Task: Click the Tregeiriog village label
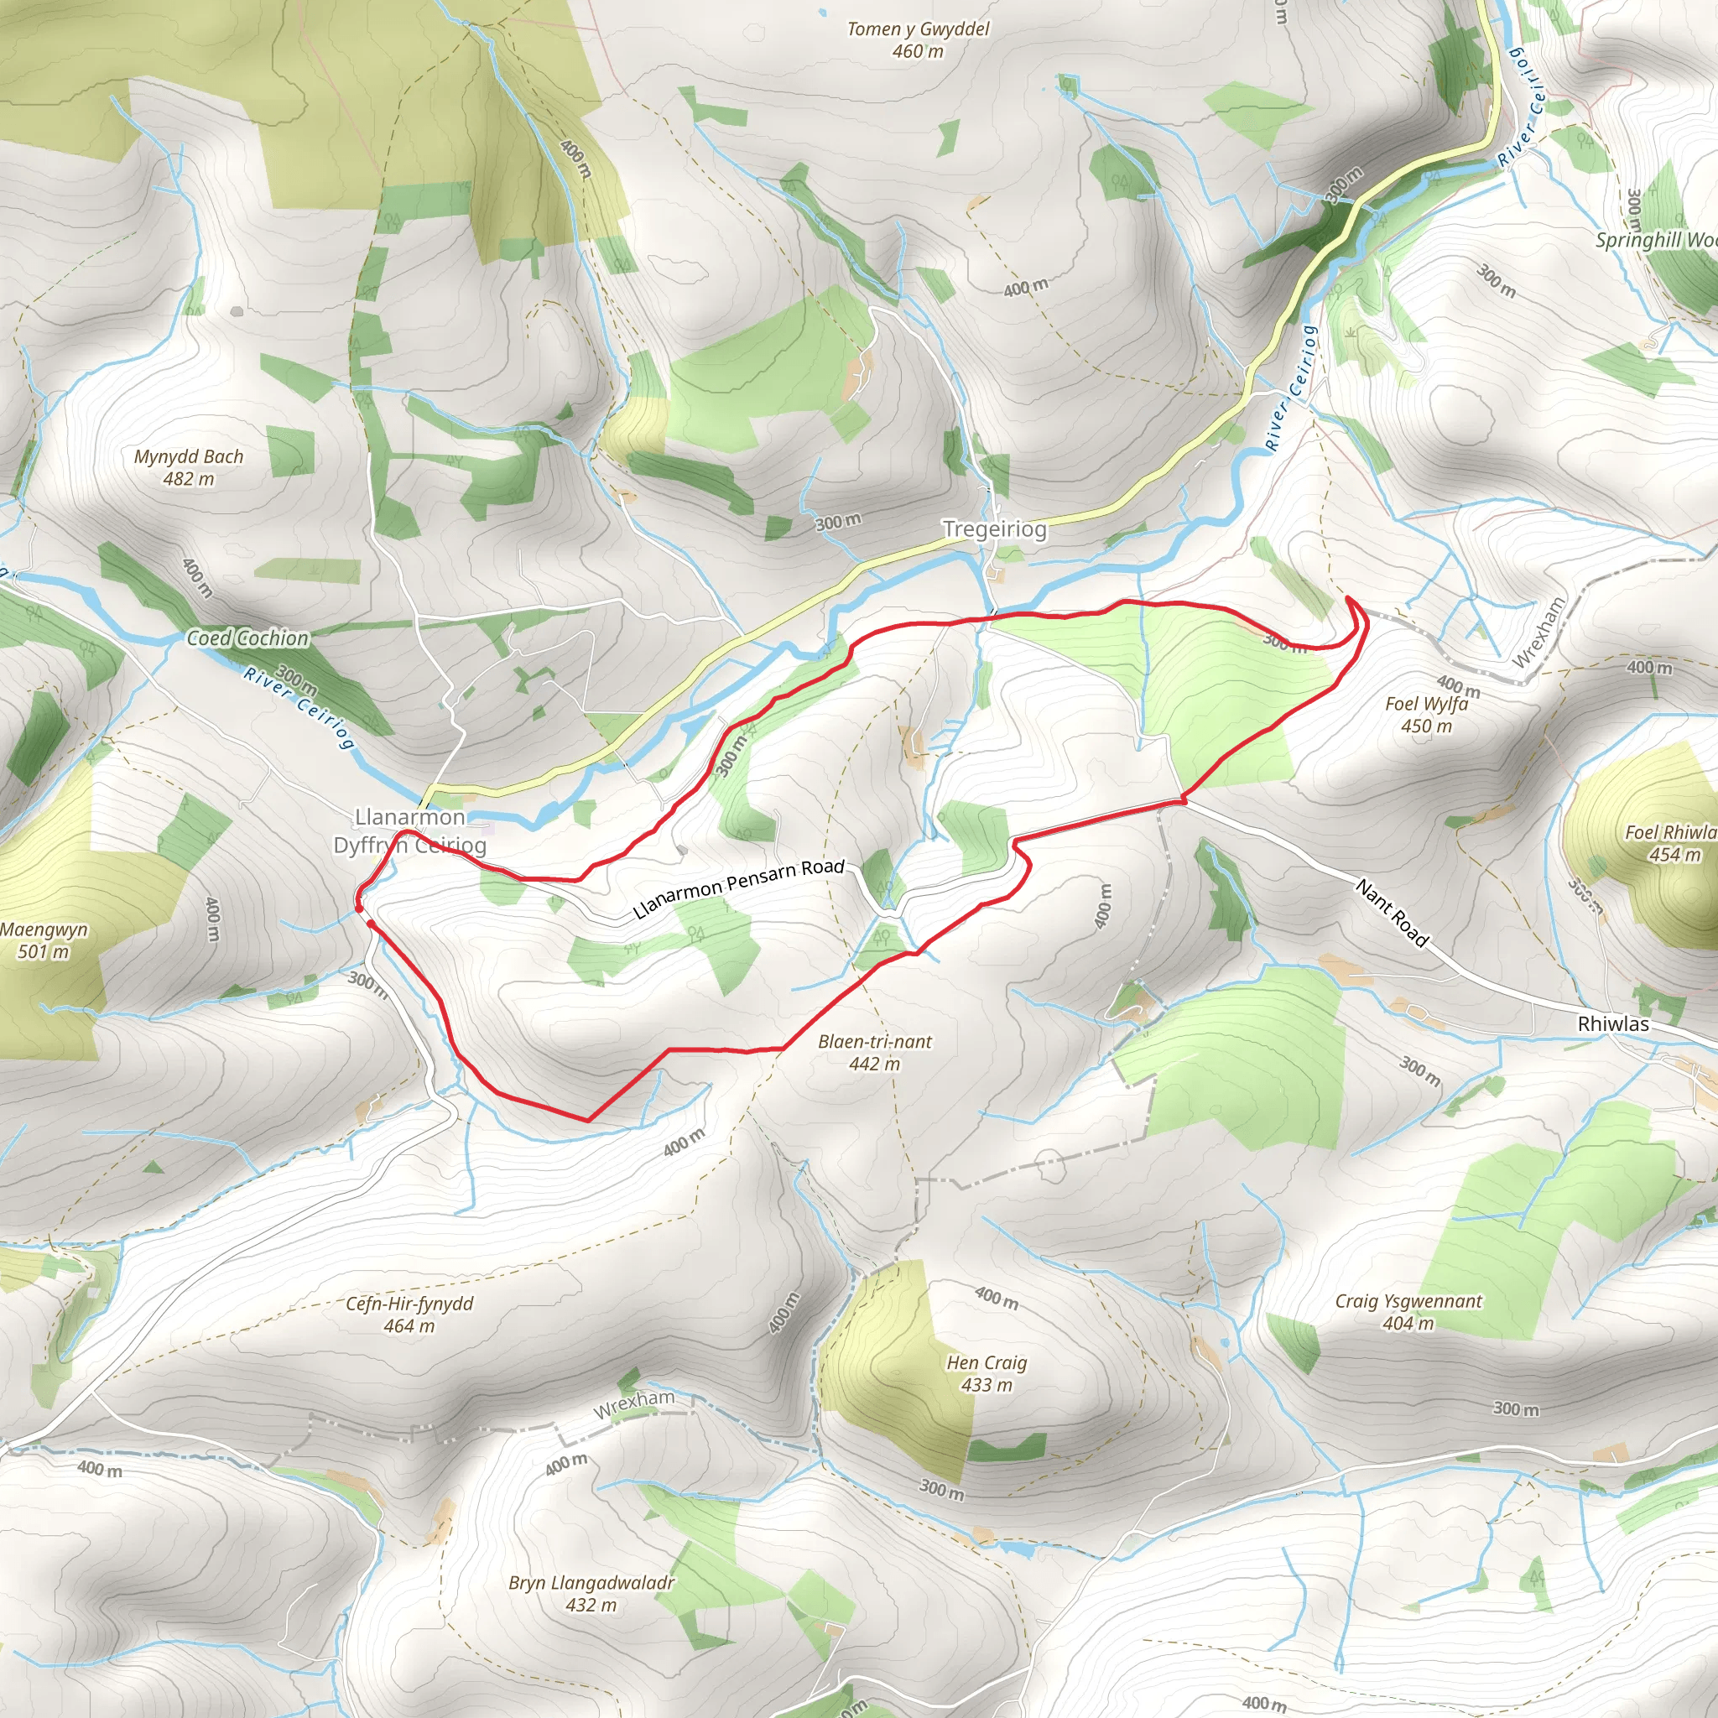coord(994,529)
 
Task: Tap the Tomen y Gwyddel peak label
coord(918,39)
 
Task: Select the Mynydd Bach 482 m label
coord(189,467)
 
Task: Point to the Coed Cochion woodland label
coord(247,638)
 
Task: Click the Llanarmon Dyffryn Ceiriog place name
coord(409,830)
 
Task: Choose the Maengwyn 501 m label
coord(44,940)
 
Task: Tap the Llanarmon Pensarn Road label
coord(738,888)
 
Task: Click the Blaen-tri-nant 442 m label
coord(874,1052)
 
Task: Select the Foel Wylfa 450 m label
coord(1426,714)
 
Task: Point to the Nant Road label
coord(1392,913)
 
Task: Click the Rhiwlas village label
coord(1612,1023)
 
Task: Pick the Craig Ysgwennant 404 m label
coord(1408,1312)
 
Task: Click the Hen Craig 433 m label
coord(987,1373)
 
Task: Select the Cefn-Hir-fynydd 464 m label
coord(409,1315)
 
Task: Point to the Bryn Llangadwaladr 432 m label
coord(591,1594)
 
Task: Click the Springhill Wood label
coord(1654,240)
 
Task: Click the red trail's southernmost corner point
coord(588,1120)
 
